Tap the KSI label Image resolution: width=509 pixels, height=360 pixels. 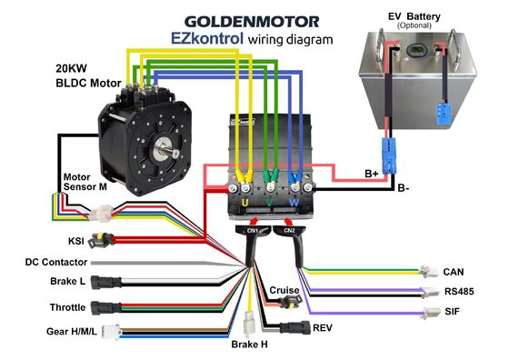[x=76, y=242]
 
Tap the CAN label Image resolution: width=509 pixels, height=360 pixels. [x=454, y=271]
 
